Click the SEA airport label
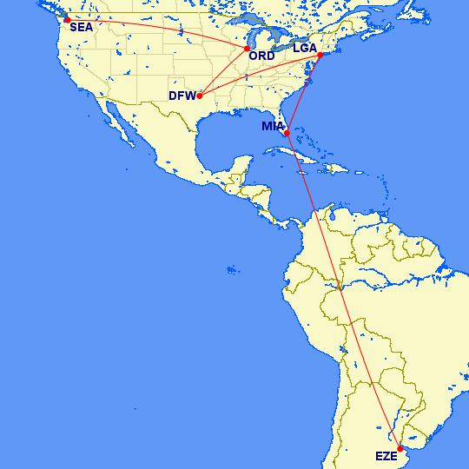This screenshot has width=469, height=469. [81, 27]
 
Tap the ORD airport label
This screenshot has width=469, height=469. [261, 56]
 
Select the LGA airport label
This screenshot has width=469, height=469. [305, 49]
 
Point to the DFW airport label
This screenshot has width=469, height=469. [182, 97]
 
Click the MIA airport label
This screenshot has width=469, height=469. [274, 127]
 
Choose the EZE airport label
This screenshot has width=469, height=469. [386, 457]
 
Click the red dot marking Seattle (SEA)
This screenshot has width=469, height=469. [67, 19]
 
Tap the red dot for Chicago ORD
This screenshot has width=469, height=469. [247, 49]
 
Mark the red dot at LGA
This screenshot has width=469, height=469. [320, 56]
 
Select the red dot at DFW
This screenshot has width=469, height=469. [200, 96]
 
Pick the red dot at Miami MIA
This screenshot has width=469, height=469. [287, 133]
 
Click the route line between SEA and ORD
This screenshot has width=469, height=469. [156, 26]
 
